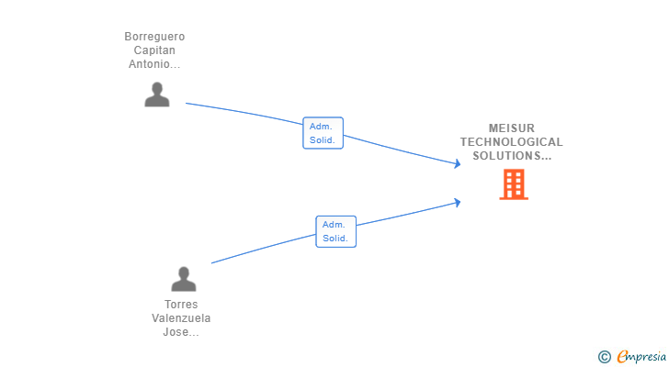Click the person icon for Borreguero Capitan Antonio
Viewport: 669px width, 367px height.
[x=157, y=95]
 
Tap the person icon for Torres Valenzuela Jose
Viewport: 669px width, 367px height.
[x=184, y=279]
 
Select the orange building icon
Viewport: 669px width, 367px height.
[x=513, y=184]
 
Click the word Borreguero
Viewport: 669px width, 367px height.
[x=154, y=37]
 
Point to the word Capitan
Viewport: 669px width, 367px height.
[x=154, y=50]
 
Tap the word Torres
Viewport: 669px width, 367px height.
[x=181, y=305]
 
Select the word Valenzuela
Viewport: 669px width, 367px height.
[x=181, y=318]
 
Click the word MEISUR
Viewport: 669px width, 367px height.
[x=511, y=128]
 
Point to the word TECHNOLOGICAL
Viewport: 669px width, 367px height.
[x=511, y=142]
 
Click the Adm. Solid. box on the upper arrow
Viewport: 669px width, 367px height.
[x=323, y=133]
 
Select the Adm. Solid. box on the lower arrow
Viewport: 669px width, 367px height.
[x=335, y=231]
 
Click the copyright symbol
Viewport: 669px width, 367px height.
[x=604, y=357]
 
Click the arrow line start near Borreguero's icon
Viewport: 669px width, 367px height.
[x=187, y=104]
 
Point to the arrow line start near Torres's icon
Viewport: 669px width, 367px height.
[x=212, y=263]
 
